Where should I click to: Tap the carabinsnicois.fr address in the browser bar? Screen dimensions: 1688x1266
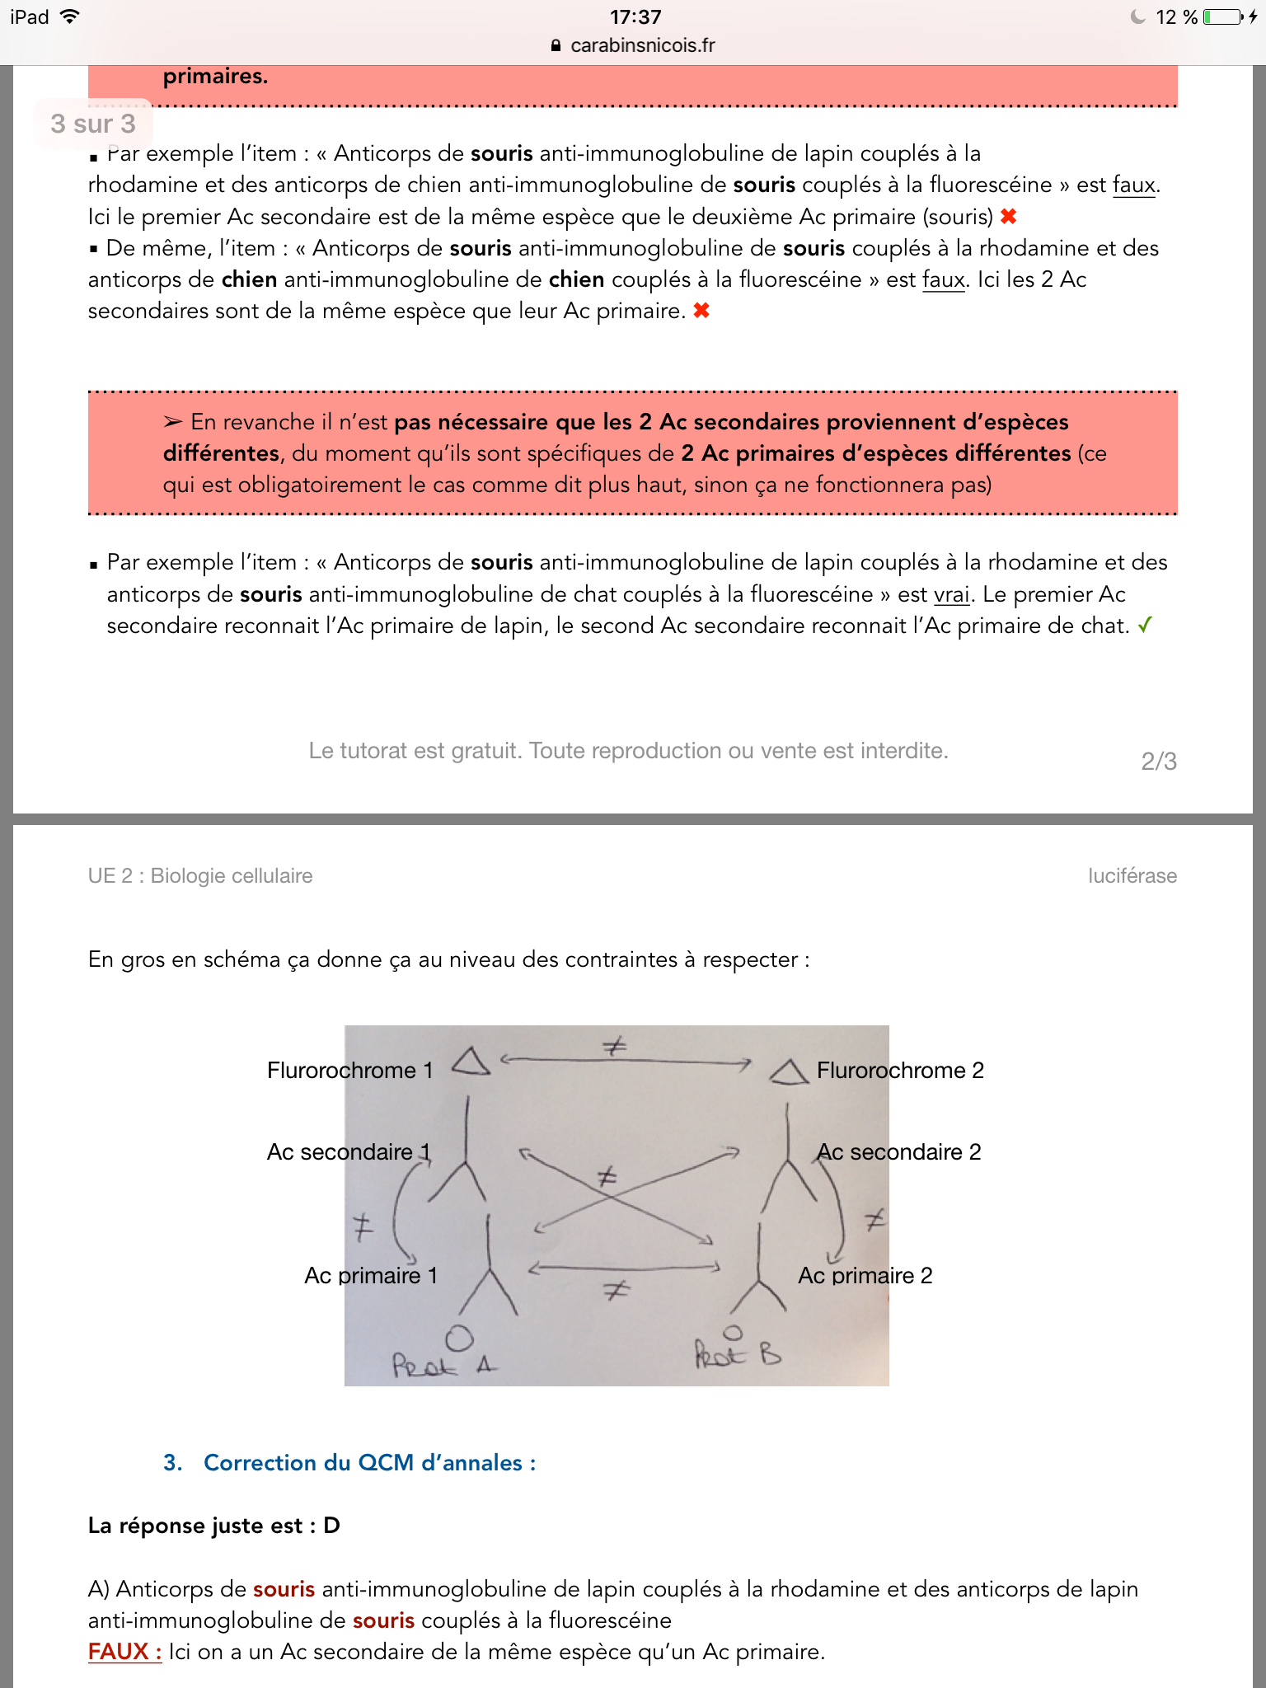click(x=642, y=45)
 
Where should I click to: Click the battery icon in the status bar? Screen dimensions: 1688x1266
click(x=1222, y=16)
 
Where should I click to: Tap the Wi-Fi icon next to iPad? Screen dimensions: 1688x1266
click(x=70, y=16)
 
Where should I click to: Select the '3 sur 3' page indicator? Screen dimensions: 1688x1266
click(x=93, y=124)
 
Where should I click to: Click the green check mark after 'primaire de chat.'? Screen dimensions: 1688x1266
click(x=1145, y=626)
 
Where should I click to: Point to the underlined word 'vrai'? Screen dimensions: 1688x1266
click(x=951, y=594)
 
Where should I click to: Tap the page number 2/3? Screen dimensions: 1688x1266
click(x=1158, y=761)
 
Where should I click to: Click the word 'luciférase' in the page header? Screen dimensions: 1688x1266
click(x=1132, y=875)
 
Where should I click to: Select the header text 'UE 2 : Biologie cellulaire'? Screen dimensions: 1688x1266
click(x=200, y=875)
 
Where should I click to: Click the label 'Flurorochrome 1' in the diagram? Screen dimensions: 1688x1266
click(x=349, y=1070)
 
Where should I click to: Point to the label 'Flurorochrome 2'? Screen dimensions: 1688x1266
click(x=900, y=1070)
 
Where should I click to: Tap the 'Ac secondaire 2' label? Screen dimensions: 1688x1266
click(x=898, y=1151)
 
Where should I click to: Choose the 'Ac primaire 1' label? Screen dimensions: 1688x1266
click(x=371, y=1275)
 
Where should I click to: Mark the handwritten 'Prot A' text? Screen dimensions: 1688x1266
click(x=443, y=1365)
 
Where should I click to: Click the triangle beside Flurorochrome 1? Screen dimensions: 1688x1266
click(x=471, y=1062)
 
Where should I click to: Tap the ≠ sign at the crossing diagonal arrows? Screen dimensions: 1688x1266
click(x=607, y=1176)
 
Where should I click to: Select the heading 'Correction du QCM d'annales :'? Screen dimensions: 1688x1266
click(x=369, y=1462)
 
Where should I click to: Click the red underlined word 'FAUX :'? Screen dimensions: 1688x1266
click(x=124, y=1652)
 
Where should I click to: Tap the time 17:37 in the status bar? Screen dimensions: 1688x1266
click(x=635, y=16)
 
